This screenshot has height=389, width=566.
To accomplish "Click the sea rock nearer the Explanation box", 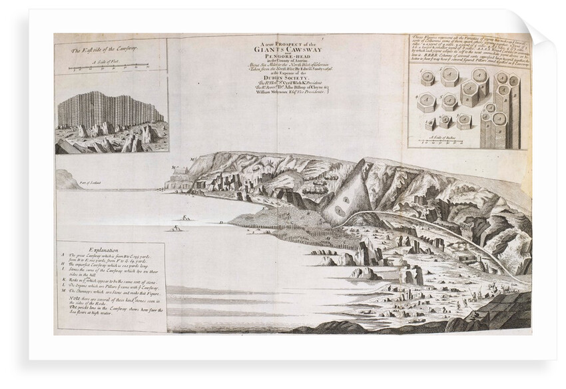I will click(177, 228).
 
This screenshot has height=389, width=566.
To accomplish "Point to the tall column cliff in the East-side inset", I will click(107, 111).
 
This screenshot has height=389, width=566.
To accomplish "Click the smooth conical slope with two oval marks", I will click(346, 200).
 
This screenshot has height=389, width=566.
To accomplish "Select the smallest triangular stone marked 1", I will click(429, 125).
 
